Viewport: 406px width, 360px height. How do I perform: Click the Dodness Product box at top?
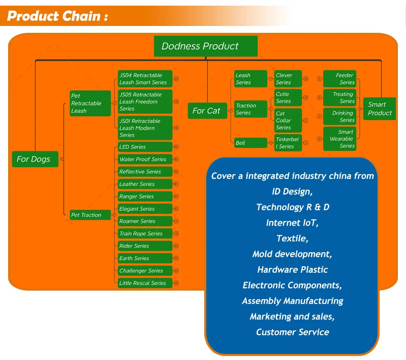205,46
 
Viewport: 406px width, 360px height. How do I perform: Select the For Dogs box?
35,159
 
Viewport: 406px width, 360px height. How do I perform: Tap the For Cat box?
207,111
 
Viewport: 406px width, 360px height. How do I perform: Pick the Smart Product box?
380,109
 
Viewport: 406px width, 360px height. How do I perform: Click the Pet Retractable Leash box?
90,103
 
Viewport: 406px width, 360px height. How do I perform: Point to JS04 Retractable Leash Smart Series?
145,79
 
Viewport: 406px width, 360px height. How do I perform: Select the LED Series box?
145,147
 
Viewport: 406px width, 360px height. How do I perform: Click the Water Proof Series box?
145,160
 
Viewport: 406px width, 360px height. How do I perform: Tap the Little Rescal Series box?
145,283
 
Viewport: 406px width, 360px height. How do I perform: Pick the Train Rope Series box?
145,234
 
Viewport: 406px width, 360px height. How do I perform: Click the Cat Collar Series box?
288,121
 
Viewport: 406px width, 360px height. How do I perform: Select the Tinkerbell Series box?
288,143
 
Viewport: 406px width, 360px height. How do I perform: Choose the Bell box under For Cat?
251,143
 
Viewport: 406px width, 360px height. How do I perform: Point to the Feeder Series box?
340,79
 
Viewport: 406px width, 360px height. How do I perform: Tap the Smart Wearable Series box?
340,139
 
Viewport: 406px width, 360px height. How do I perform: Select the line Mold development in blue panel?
292,254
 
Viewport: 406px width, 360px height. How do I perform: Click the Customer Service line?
292,332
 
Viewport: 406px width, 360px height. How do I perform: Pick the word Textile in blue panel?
292,238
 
